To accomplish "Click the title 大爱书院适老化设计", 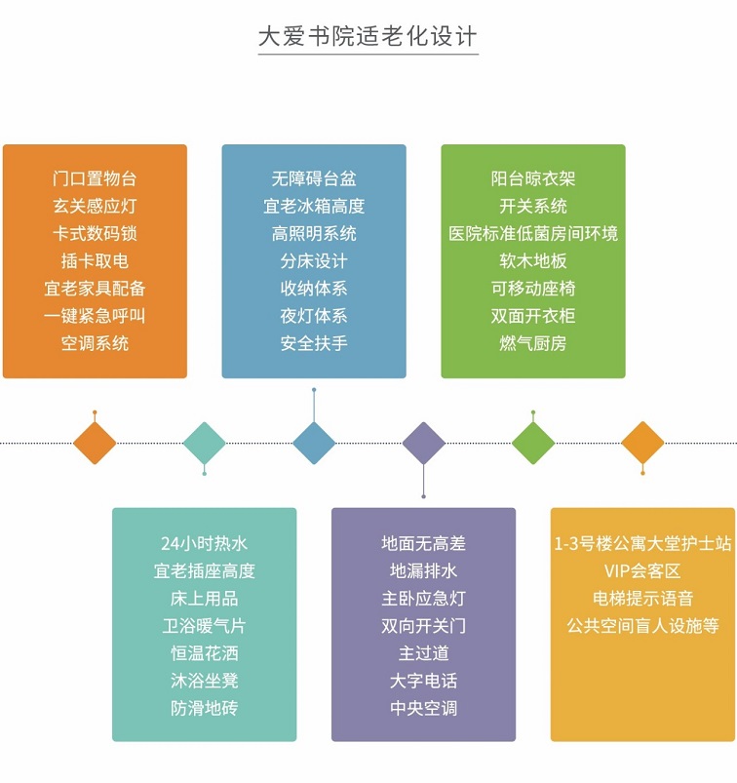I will pyautogui.click(x=368, y=37).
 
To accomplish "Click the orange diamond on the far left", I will pyautogui.click(x=95, y=443).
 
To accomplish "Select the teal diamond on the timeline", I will pyautogui.click(x=204, y=443).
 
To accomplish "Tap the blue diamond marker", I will pyautogui.click(x=314, y=443).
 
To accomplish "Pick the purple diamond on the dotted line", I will pyautogui.click(x=423, y=443).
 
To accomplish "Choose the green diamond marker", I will pyautogui.click(x=533, y=443).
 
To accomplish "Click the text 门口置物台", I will pyautogui.click(x=95, y=178).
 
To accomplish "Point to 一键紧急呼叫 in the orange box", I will pyautogui.click(x=95, y=316).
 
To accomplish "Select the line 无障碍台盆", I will pyautogui.click(x=314, y=178).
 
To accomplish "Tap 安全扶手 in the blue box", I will pyautogui.click(x=314, y=343).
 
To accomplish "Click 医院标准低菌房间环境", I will pyautogui.click(x=533, y=234).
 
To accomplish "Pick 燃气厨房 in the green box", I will pyautogui.click(x=533, y=343).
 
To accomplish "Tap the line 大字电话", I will pyautogui.click(x=423, y=681).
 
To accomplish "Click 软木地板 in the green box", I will pyautogui.click(x=533, y=261).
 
